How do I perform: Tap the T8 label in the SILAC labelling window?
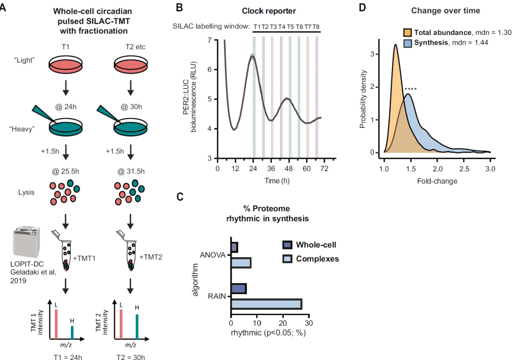pos(316,26)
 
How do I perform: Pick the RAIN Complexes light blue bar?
pos(266,304)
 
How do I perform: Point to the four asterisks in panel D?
pos(411,90)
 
